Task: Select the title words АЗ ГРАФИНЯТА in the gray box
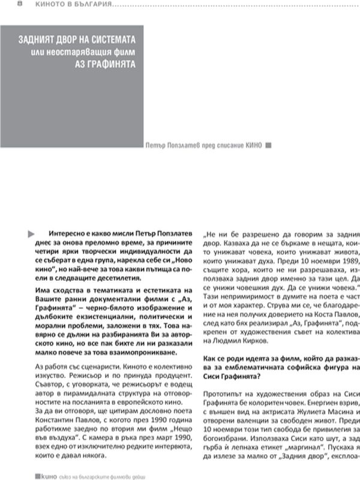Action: click(x=110, y=64)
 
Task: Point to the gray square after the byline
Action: click(x=268, y=144)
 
